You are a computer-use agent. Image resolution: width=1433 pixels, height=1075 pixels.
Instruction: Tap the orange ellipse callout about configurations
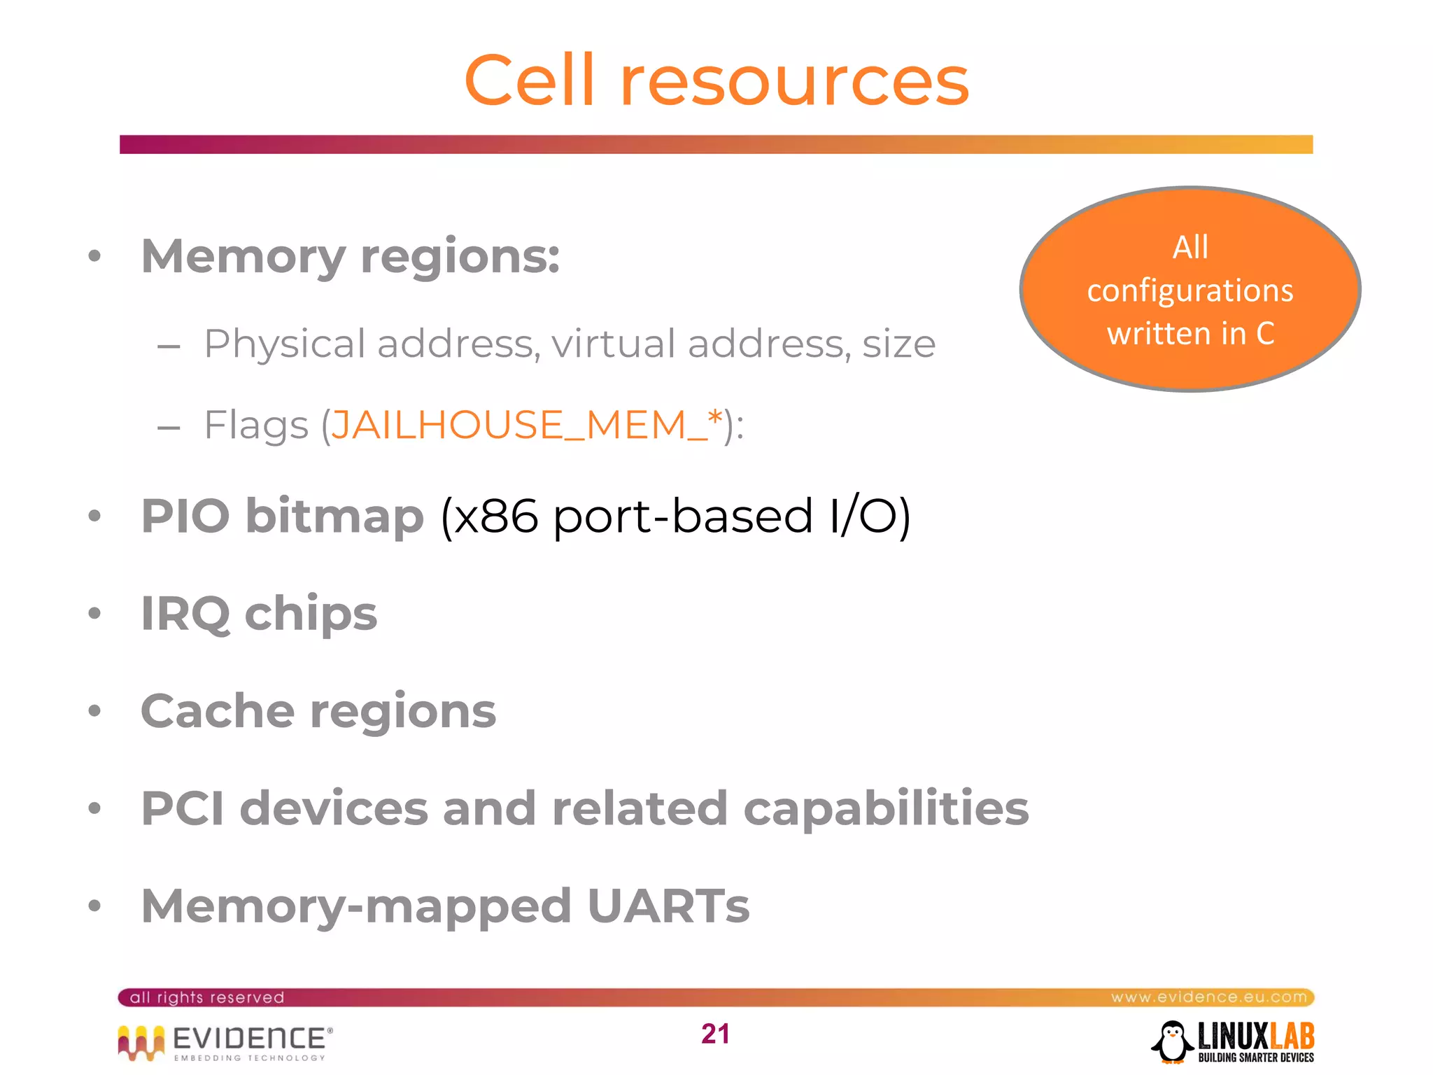1190,289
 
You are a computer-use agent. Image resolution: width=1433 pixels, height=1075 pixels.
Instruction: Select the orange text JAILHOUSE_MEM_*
526,425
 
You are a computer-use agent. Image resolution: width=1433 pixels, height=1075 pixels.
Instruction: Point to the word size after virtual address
898,344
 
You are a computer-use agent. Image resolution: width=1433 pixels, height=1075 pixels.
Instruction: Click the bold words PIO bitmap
283,517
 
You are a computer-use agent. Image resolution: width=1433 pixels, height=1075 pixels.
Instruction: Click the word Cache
217,711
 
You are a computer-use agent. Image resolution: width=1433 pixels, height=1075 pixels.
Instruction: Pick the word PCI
183,808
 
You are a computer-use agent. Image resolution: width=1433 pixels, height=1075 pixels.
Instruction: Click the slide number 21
715,1034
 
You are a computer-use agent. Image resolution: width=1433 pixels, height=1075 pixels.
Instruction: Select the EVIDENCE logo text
249,1038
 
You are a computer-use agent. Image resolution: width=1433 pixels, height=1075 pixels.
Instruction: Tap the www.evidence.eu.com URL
1208,997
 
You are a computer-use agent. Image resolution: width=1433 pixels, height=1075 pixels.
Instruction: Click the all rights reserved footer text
207,997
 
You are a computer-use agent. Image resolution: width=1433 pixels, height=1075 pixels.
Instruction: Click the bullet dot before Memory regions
95,256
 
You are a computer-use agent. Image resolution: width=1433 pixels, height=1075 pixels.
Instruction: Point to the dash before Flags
169,426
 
